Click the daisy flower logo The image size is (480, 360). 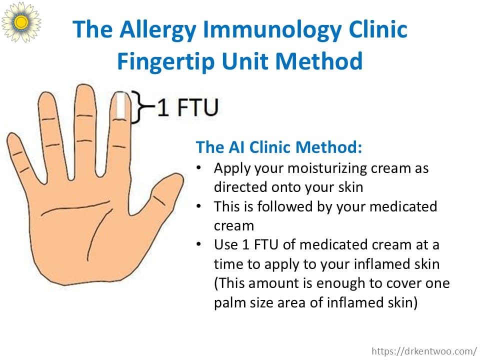(x=21, y=21)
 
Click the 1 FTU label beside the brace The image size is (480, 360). (x=187, y=107)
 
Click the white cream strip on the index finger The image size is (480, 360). (x=120, y=105)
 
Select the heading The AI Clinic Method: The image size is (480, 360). (x=279, y=147)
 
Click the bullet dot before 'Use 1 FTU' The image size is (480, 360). (x=198, y=244)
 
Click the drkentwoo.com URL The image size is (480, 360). (x=424, y=351)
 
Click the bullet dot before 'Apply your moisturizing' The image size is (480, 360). (x=198, y=168)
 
